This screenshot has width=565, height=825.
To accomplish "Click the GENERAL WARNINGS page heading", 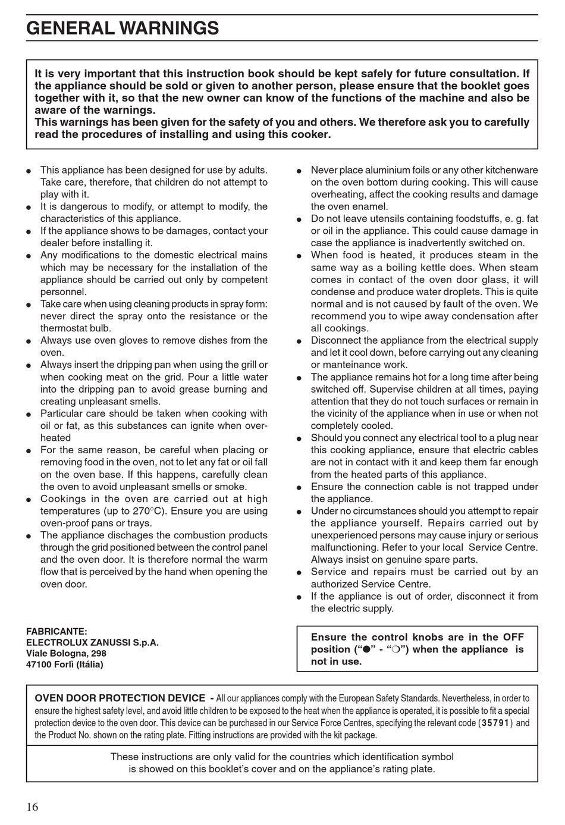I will click(x=123, y=29).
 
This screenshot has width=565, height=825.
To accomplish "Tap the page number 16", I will click(x=32, y=807).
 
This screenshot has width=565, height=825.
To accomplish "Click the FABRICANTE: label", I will click(x=56, y=631).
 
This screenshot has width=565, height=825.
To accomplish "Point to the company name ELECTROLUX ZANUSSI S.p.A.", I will click(x=92, y=642).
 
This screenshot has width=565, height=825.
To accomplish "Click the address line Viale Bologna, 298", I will click(x=66, y=653).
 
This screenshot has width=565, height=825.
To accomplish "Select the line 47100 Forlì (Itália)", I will click(x=65, y=664).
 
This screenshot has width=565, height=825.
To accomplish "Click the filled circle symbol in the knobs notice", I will click(x=367, y=650).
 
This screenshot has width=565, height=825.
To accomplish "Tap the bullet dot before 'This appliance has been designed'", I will click(x=29, y=171).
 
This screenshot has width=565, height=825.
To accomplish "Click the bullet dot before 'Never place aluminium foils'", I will click(x=299, y=171).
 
